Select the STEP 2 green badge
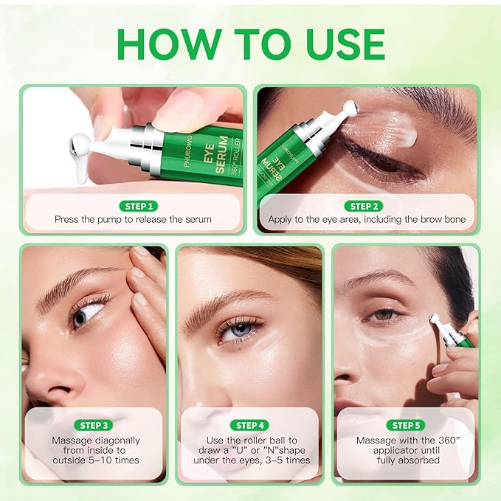click(x=366, y=207)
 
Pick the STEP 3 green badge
click(x=94, y=425)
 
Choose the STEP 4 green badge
click(x=250, y=425)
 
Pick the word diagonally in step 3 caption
click(x=113, y=440)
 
